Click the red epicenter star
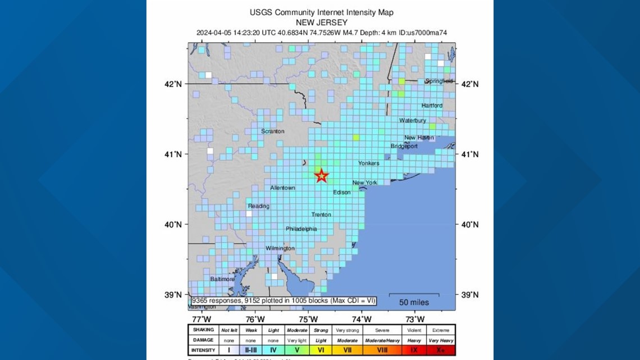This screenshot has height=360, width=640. coord(321,176)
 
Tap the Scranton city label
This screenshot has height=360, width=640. coord(272,131)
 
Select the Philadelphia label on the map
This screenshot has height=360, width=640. coord(301,229)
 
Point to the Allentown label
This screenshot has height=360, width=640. coord(282,188)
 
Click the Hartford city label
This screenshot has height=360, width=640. coord(432,106)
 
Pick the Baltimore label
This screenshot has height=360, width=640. coord(222,279)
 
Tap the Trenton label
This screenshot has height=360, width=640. coord(321,215)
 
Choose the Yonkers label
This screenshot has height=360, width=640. coord(369,163)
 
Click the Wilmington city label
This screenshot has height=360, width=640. coord(280,248)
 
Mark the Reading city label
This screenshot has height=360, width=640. coord(259,206)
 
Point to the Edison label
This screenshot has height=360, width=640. coord(341,193)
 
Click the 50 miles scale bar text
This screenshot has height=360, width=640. coord(414,303)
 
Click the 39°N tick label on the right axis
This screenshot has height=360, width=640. coord(469,295)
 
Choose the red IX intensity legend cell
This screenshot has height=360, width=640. coord(414,350)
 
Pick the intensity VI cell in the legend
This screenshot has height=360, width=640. coord(321,350)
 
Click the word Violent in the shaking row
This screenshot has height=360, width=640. coord(414,330)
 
